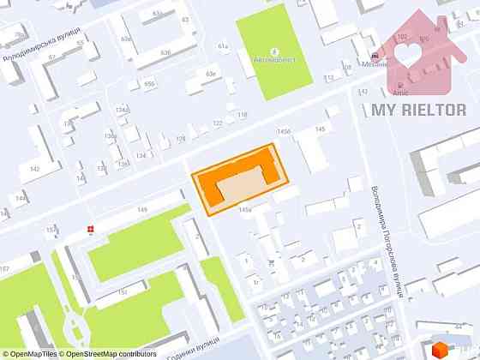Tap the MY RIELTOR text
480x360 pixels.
(418, 110)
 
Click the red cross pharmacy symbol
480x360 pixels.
(91, 229)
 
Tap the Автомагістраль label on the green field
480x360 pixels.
(274, 60)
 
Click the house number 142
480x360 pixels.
(34, 169)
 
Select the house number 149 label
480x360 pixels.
(142, 210)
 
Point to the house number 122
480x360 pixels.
(218, 123)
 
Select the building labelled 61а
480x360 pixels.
(224, 46)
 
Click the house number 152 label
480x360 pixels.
(121, 291)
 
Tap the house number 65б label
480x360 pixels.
(149, 83)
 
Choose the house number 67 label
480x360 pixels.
(51, 57)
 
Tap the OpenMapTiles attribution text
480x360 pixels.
(31, 353)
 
